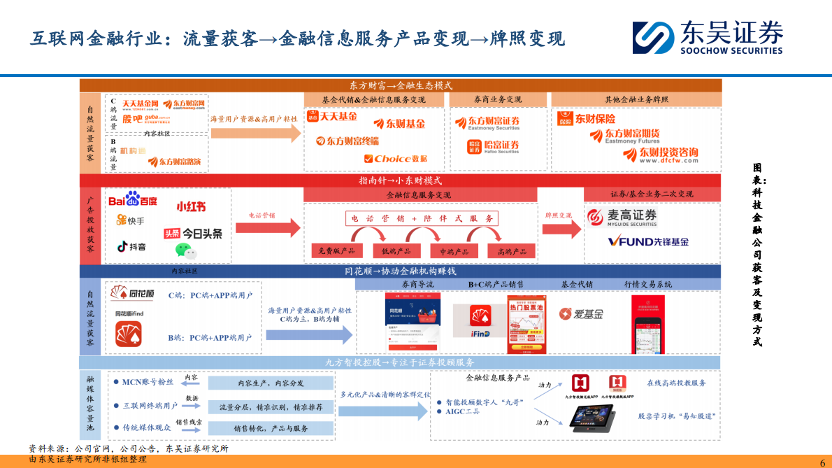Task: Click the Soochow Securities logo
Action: [x=708, y=37]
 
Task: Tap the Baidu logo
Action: [x=133, y=200]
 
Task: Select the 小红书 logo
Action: [x=191, y=206]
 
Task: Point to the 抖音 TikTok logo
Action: [x=131, y=246]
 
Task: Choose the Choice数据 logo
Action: [x=395, y=159]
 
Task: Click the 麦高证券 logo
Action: [x=622, y=217]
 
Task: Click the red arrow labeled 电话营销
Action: [x=268, y=225]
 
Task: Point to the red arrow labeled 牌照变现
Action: [x=561, y=225]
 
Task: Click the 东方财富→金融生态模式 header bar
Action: [x=401, y=85]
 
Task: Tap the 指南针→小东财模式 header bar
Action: [x=401, y=180]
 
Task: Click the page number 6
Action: [x=822, y=462]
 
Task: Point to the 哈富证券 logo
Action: [x=493, y=146]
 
